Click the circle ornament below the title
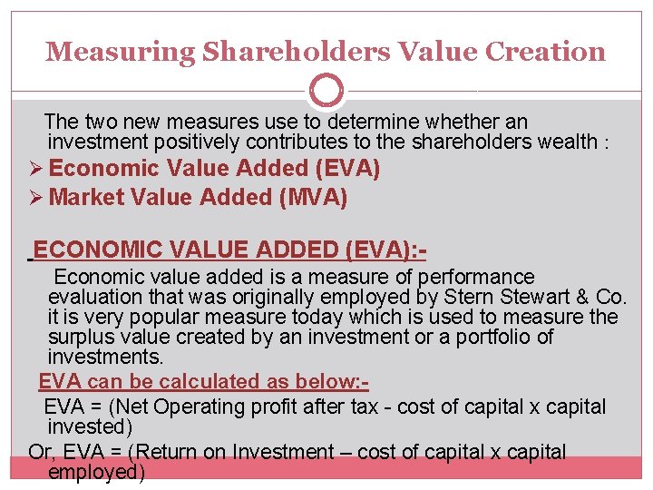pos(326,92)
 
